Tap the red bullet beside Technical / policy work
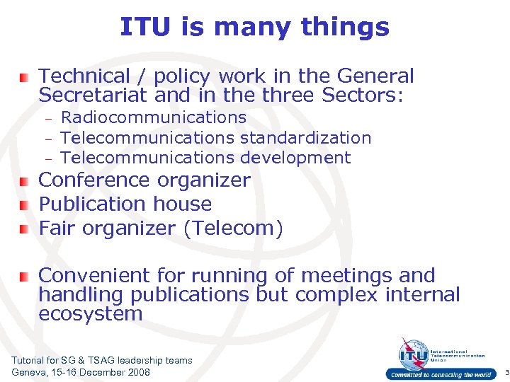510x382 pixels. point(23,76)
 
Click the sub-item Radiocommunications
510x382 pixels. point(154,117)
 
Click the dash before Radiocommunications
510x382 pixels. point(50,119)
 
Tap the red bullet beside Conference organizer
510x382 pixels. point(23,181)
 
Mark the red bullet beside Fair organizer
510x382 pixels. point(23,229)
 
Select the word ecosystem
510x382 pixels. point(90,313)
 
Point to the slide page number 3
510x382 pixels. point(506,373)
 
